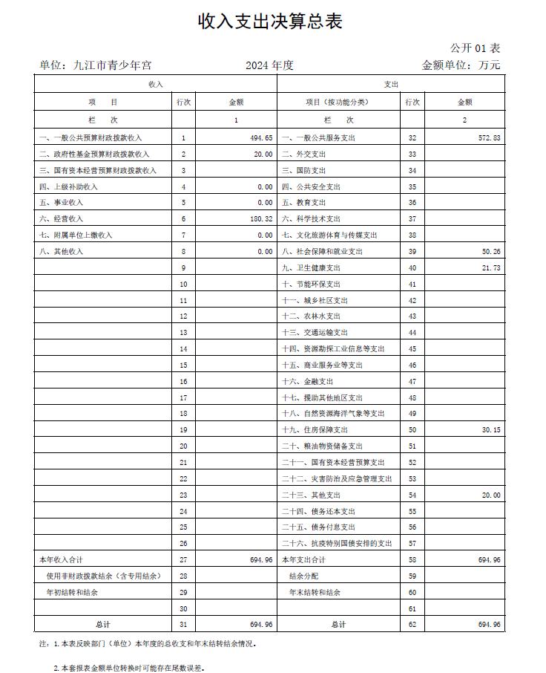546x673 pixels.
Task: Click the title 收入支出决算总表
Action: tap(270, 22)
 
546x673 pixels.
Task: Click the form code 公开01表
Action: tap(476, 48)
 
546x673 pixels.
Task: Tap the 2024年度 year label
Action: tap(270, 65)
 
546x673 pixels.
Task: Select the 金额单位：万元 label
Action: tap(461, 65)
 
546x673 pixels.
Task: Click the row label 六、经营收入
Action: tap(62, 219)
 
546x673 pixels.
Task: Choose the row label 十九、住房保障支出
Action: tap(322, 430)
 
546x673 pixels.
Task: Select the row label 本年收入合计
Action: tap(60, 559)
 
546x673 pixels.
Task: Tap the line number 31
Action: tap(183, 624)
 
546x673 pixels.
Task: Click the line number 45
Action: tap(412, 349)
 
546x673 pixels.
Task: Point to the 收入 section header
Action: tap(155, 85)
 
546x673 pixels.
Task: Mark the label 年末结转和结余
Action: tap(315, 592)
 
